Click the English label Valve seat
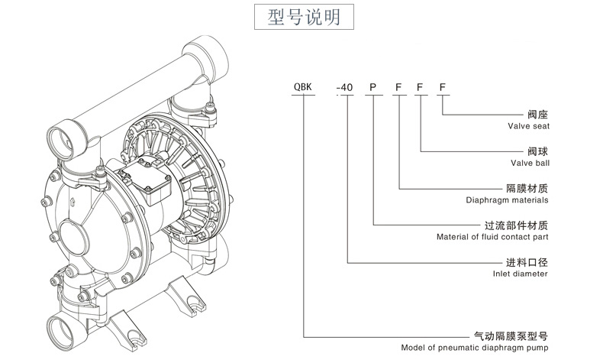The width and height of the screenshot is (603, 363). click(528, 125)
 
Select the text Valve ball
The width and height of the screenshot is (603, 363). click(529, 163)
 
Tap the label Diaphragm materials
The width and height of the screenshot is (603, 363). click(507, 200)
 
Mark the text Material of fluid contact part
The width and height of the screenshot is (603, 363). click(492, 237)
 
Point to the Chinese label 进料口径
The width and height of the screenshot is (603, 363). click(527, 262)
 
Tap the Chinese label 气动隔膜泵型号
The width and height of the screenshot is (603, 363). click(511, 335)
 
